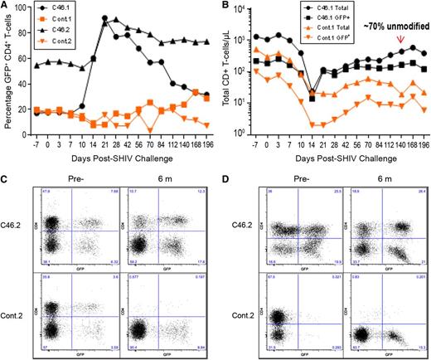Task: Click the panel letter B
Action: click(x=223, y=6)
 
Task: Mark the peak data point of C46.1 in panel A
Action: click(x=104, y=18)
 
